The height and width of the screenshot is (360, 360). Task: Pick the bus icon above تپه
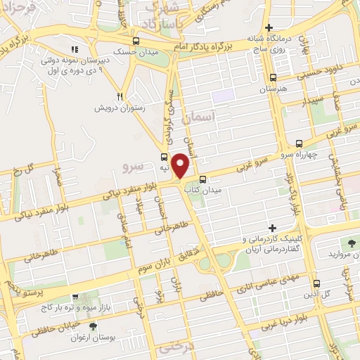(x=164, y=157)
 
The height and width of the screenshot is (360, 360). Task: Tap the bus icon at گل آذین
(x=316, y=283)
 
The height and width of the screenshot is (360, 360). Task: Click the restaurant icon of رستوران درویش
(x=120, y=96)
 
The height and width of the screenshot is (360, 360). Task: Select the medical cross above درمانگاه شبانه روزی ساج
(x=269, y=27)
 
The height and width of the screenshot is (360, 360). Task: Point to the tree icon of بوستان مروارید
(x=351, y=244)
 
